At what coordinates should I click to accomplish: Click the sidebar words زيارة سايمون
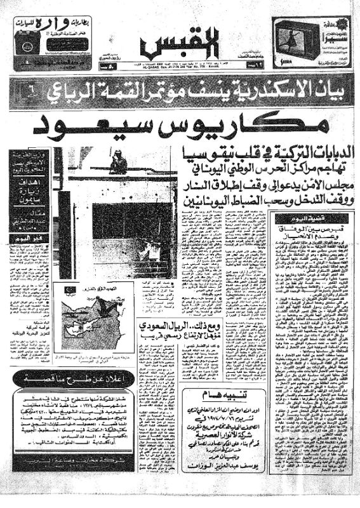pos(29,189)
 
